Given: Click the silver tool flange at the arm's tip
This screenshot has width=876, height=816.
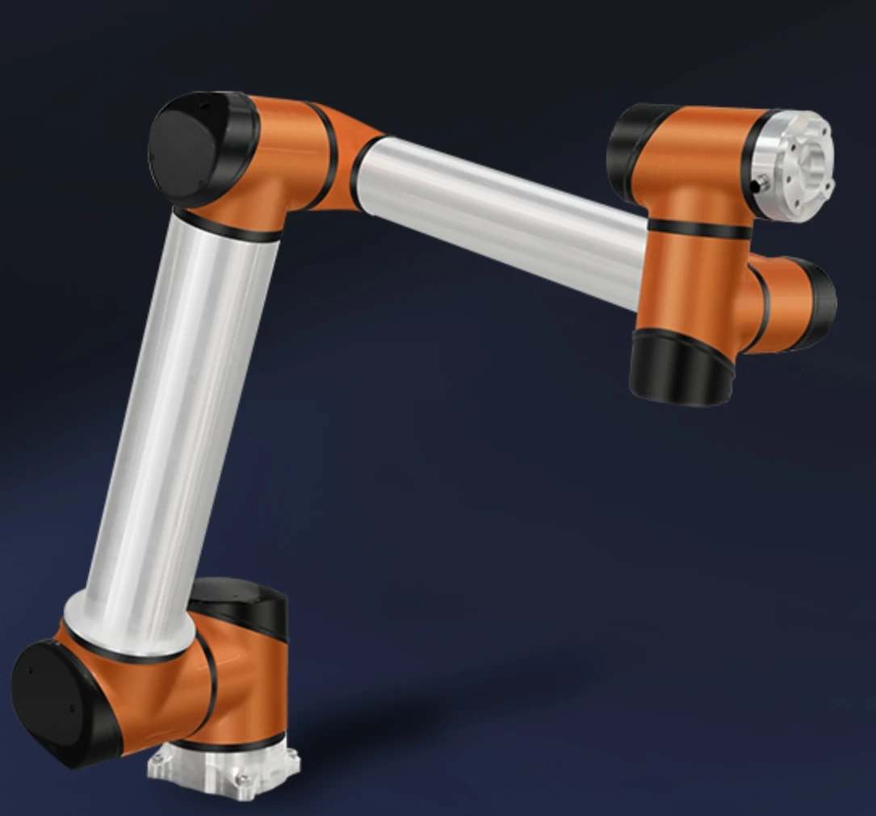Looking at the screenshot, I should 795,165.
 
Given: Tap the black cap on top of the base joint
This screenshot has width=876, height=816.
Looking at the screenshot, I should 239,602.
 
